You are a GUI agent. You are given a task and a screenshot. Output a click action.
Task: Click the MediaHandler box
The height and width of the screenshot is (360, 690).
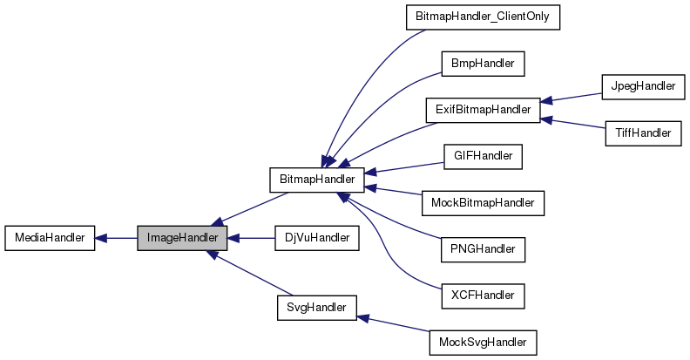49,237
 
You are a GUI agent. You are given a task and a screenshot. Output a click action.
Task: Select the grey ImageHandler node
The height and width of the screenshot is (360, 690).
182,237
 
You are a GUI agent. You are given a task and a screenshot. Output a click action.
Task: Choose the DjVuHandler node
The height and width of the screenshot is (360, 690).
316,237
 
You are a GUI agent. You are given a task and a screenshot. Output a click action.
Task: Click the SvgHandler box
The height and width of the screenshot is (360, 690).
316,307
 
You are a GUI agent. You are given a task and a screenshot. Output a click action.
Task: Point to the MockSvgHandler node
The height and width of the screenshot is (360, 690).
483,342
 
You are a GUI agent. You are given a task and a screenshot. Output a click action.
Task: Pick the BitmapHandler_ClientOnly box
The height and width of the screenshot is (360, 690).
483,17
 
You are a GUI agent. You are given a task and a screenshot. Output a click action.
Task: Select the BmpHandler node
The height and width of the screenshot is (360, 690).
483,64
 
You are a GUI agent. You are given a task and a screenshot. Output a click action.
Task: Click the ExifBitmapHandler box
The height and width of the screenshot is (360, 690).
483,110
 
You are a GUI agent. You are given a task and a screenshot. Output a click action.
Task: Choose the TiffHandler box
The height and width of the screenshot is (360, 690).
640,133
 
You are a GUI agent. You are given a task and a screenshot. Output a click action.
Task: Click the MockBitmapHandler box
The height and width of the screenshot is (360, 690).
483,203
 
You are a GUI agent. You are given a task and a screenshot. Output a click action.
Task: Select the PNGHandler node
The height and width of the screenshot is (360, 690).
483,249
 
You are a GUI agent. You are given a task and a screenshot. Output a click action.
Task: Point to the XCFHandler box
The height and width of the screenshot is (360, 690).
483,295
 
